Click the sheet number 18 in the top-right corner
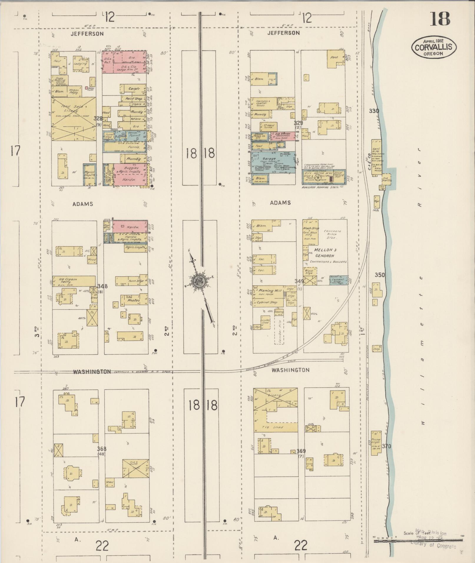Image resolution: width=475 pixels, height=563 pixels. click(x=441, y=19)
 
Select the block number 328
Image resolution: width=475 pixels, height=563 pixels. click(x=98, y=118)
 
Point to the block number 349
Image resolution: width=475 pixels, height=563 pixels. click(x=299, y=281)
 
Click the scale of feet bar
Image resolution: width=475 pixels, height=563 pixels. click(x=418, y=541)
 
